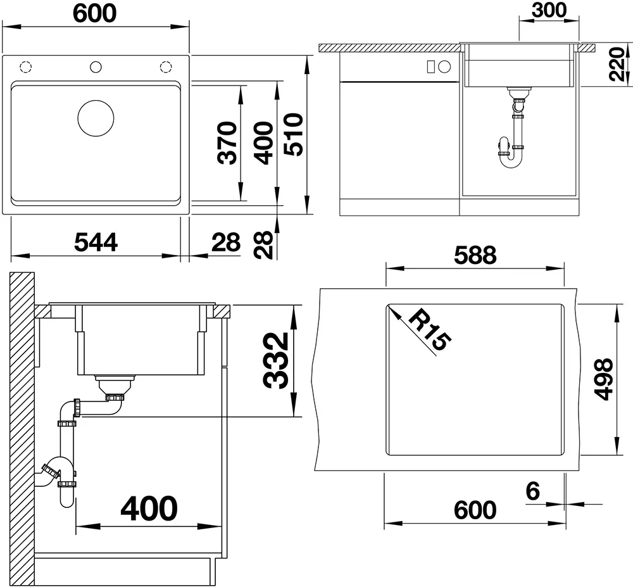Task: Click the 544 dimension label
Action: [96, 243]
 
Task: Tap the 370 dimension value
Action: [227, 143]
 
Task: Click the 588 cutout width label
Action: [475, 255]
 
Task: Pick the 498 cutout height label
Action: [603, 379]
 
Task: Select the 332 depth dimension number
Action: [276, 360]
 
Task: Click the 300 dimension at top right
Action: [549, 10]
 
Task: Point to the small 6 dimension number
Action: [533, 491]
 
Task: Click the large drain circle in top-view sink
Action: [96, 118]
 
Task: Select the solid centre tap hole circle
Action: [96, 66]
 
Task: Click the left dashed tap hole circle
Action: [26, 66]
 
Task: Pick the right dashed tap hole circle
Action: [165, 66]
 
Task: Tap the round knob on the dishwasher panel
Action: [444, 66]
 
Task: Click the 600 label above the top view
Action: [95, 13]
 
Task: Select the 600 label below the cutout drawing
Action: [475, 510]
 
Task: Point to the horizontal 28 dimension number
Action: [226, 243]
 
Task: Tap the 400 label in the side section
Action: [149, 508]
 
